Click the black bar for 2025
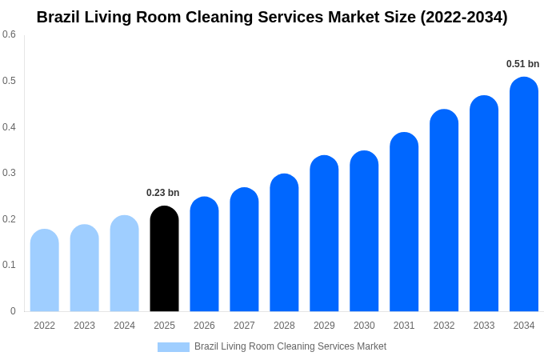click(x=164, y=260)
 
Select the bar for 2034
click(x=524, y=196)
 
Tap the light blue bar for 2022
click(x=45, y=272)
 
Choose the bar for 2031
click(x=404, y=223)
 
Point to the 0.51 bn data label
click(x=522, y=64)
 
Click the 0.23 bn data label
click(x=162, y=193)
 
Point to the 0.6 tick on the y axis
click(x=9, y=34)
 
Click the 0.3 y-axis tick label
click(x=9, y=173)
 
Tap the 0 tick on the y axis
click(x=13, y=311)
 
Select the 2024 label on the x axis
click(x=124, y=326)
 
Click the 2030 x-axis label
click(x=364, y=326)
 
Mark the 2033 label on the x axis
click(x=484, y=326)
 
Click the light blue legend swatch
click(x=174, y=347)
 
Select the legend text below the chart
click(x=290, y=346)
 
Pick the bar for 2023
click(x=84, y=269)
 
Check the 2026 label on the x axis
click(x=204, y=326)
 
